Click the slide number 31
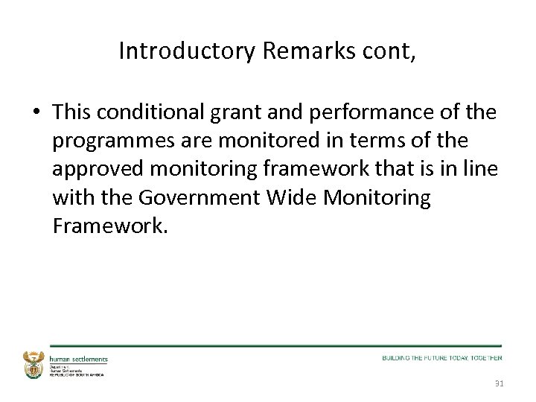[498, 384]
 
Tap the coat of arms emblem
[34, 365]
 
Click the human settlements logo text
[78, 359]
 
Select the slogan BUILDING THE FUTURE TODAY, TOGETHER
[442, 358]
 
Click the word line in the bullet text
[481, 169]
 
